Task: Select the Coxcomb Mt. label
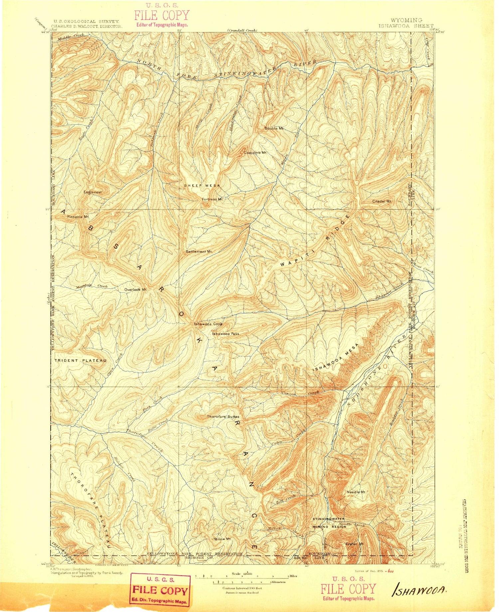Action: pos(255,153)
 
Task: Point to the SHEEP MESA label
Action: pos(202,185)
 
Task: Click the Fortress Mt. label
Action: pos(212,199)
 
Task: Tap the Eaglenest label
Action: pos(92,192)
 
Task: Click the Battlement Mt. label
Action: pos(199,252)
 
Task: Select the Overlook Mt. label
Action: pos(136,289)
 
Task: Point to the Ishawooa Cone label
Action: pos(208,324)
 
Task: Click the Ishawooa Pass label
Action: pos(226,333)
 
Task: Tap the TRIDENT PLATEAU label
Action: pos(80,360)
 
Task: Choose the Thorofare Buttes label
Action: pos(223,416)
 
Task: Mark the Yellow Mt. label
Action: pos(222,539)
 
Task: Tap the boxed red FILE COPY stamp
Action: pos(160,590)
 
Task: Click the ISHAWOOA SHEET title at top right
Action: pos(406,25)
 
